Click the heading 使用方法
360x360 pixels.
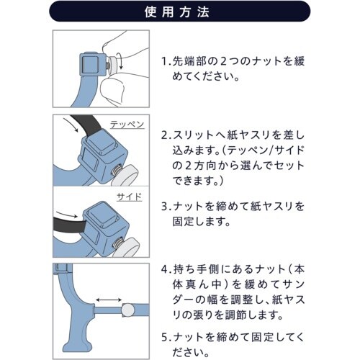[177, 12]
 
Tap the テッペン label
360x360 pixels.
[127, 125]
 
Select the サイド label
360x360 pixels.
[129, 197]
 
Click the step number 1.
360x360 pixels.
[165, 61]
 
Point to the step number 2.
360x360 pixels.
[165, 135]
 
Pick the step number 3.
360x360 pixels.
[165, 207]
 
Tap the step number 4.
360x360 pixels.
[165, 269]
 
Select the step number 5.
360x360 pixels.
[165, 338]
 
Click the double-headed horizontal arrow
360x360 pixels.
[109, 300]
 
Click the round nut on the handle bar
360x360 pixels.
[128, 310]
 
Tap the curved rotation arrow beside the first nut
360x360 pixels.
[120, 61]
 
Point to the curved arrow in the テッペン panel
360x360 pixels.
[71, 125]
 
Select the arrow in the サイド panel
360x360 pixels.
[66, 215]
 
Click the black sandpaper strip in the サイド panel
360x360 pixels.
[69, 225]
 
